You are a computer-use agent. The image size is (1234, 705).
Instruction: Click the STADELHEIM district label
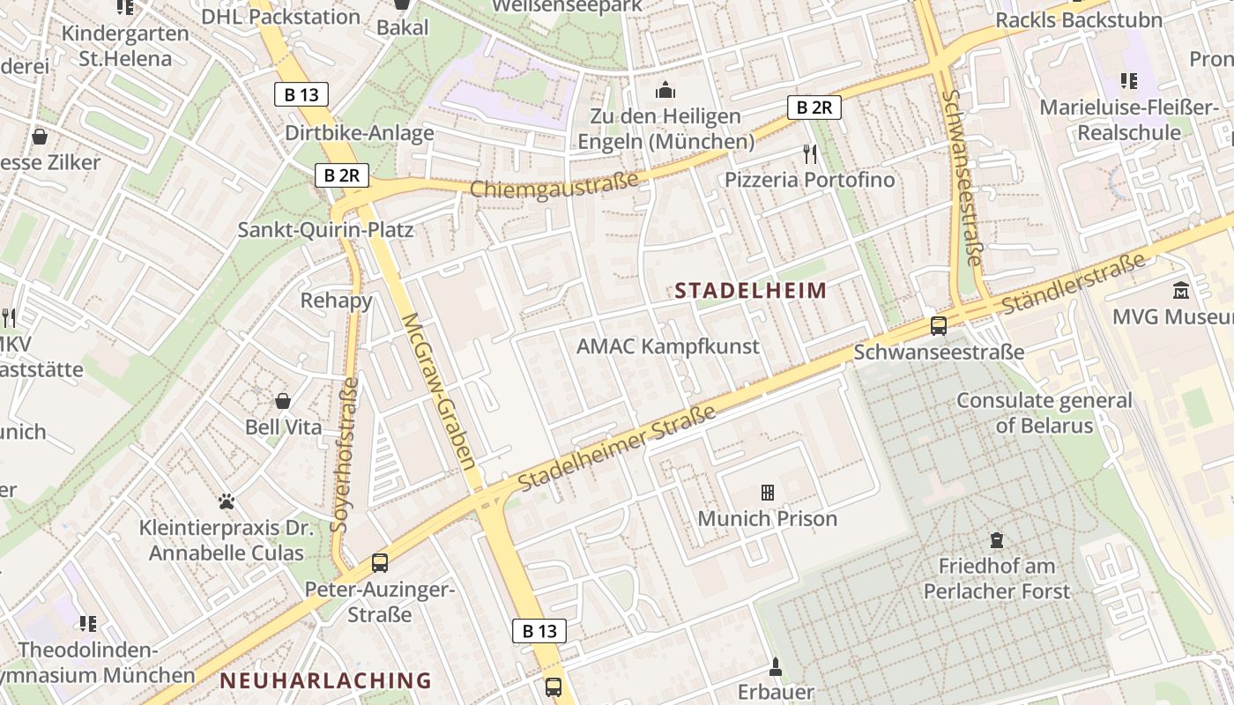click(751, 291)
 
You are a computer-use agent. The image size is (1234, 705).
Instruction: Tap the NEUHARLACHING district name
click(326, 680)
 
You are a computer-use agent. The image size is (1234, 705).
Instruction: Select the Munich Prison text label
click(767, 518)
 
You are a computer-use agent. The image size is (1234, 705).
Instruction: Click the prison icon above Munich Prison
click(768, 493)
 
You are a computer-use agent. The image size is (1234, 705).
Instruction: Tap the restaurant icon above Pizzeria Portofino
click(810, 154)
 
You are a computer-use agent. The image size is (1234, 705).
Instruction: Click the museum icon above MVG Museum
click(1180, 290)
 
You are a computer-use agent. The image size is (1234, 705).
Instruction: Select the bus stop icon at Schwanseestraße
click(939, 325)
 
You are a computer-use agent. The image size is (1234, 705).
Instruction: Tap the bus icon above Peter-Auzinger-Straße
click(380, 562)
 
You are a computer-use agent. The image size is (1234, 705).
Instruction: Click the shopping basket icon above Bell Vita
click(283, 402)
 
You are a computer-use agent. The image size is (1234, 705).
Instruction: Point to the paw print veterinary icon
click(227, 501)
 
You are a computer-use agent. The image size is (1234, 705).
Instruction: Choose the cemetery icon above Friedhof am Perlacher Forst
click(997, 539)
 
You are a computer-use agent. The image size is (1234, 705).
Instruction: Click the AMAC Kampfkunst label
click(667, 346)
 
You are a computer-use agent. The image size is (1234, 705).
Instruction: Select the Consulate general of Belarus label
click(1044, 412)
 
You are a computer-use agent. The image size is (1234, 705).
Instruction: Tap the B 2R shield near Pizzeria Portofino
click(814, 108)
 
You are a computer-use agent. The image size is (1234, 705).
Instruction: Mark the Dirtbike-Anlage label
click(360, 133)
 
